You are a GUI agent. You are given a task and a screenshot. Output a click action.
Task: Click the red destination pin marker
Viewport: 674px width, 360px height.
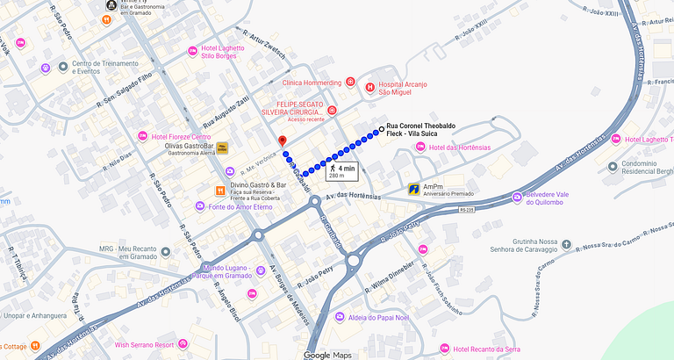(282, 142)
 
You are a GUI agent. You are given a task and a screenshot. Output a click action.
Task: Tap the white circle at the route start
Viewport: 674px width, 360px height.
(381, 131)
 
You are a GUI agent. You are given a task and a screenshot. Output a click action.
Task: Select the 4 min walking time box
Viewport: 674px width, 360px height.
(342, 170)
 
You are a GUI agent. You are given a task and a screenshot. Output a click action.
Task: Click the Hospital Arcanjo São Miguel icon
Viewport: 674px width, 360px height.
(371, 88)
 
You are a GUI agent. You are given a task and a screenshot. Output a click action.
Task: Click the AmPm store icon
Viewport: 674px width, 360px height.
(413, 189)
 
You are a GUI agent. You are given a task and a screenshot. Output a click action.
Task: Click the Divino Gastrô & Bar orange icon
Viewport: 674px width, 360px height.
(219, 189)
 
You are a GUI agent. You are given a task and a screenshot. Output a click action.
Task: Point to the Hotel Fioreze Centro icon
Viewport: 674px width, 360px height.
(142, 136)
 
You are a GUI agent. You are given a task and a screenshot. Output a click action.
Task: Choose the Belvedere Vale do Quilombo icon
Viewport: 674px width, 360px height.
(518, 193)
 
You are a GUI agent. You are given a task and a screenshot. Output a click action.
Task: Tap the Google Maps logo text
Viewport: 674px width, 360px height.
(328, 355)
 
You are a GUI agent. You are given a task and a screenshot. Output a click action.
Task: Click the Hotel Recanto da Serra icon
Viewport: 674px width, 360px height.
(444, 349)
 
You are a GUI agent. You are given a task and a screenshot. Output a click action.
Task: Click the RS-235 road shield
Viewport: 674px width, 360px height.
(466, 210)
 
